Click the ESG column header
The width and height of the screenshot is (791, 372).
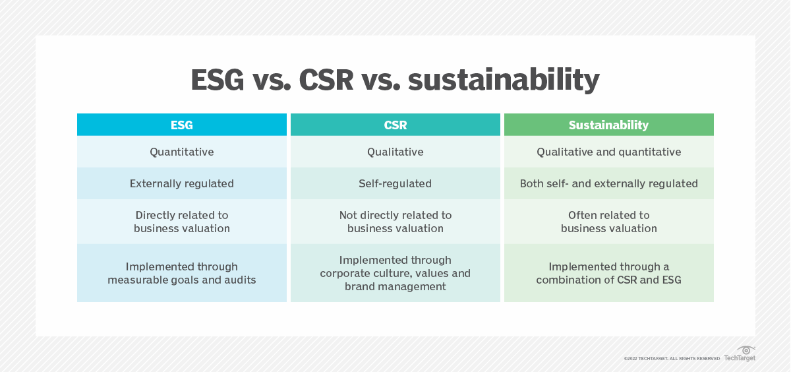[182, 125]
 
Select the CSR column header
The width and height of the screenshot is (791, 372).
[395, 125]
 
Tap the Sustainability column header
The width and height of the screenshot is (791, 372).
[608, 125]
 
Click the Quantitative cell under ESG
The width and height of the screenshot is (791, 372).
[182, 152]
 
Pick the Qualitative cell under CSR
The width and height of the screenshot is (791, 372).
[395, 152]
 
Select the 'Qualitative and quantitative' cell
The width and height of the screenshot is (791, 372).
[608, 152]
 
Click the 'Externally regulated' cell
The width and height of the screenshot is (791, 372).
[182, 183]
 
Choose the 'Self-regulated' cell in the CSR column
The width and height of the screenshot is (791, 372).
[395, 183]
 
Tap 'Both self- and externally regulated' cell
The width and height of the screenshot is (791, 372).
[608, 183]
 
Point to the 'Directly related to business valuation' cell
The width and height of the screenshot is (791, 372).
[182, 222]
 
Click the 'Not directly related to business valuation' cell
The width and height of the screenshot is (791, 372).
[395, 222]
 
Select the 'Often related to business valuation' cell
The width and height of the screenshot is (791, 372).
[608, 222]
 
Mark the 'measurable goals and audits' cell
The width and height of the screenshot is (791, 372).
[182, 273]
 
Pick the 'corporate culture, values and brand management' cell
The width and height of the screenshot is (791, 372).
[395, 273]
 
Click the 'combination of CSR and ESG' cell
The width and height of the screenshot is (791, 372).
[608, 273]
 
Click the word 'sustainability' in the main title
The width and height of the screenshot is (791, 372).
[504, 80]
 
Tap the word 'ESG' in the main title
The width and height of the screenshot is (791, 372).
[221, 80]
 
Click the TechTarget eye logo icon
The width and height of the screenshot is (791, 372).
[746, 350]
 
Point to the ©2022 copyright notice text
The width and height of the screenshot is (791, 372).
[672, 358]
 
